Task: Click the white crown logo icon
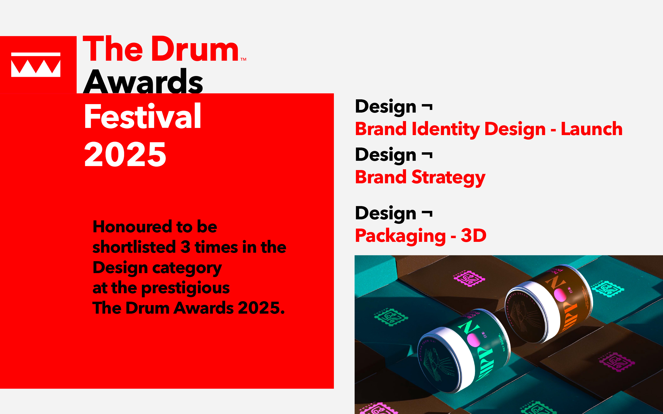click(x=36, y=65)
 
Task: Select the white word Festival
click(x=142, y=116)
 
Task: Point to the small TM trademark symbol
click(x=243, y=59)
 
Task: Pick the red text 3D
click(x=473, y=235)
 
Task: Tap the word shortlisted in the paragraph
click(x=134, y=247)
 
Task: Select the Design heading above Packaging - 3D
click(x=386, y=213)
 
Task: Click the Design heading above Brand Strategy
click(x=386, y=155)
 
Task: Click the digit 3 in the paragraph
click(x=185, y=247)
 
